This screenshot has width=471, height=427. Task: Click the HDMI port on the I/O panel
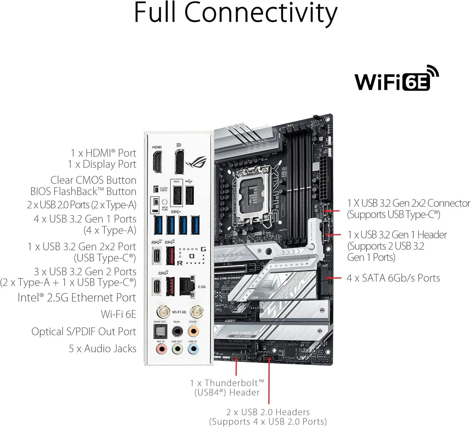point(157,162)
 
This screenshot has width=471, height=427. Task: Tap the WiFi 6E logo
point(396,79)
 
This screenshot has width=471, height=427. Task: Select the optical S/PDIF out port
point(160,331)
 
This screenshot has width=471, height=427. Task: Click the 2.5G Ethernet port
point(187,286)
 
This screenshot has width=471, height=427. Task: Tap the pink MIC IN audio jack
point(161,349)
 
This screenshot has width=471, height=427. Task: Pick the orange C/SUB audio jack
point(193,331)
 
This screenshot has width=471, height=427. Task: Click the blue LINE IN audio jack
point(193,349)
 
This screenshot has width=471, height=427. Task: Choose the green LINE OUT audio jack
point(177,349)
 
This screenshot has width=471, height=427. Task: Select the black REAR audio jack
point(177,331)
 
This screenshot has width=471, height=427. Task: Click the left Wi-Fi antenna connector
point(163,312)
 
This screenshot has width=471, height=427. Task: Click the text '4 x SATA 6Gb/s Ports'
point(393,278)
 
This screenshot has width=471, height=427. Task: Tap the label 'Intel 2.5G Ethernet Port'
point(77,298)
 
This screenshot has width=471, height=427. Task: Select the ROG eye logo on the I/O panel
point(196,163)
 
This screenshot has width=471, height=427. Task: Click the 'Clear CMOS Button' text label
point(93,180)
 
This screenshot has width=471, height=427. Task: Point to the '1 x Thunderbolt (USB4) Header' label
point(227,387)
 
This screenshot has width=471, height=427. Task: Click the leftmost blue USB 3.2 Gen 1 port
point(158,225)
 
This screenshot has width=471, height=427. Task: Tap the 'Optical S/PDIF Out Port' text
point(84,331)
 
